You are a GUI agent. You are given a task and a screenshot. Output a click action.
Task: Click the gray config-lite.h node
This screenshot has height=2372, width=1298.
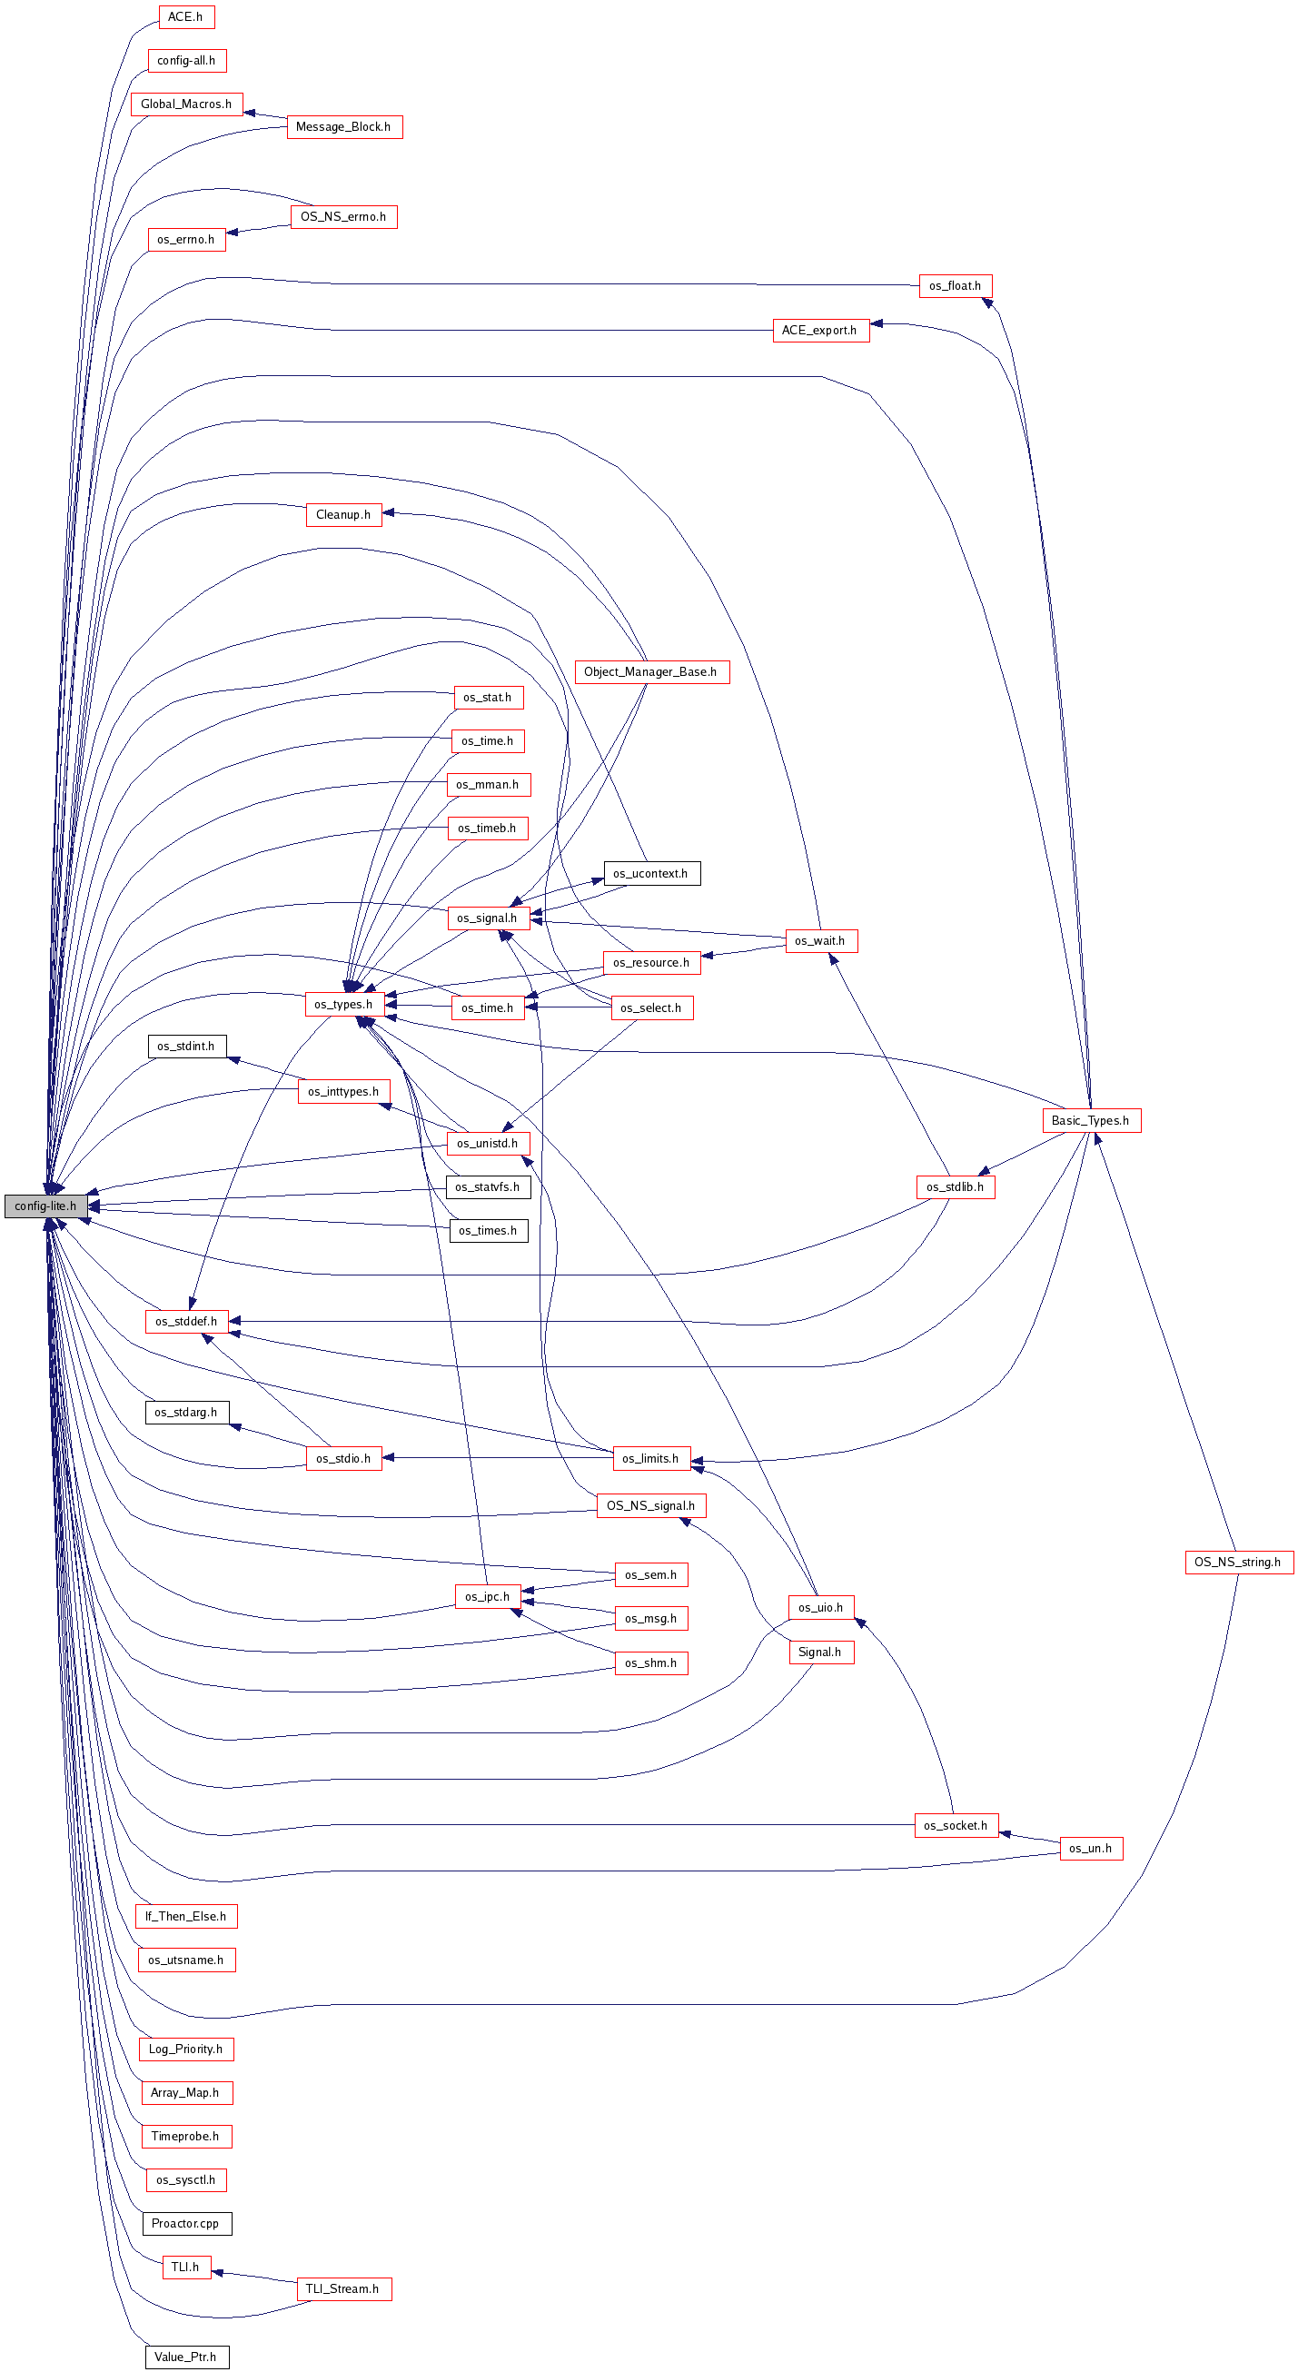pos(46,1206)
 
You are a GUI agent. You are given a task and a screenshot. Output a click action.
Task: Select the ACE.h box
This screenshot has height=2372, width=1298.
pos(186,16)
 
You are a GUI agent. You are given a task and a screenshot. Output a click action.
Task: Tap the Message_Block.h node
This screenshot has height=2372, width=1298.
pos(344,127)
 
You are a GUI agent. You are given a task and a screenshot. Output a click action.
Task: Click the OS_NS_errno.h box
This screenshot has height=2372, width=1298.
pos(344,216)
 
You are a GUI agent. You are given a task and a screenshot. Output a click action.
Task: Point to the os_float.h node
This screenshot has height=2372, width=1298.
pos(956,285)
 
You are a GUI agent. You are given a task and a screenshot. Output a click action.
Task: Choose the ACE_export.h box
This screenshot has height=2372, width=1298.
pos(820,330)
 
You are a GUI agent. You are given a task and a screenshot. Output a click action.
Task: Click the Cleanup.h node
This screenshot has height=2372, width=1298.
pos(343,515)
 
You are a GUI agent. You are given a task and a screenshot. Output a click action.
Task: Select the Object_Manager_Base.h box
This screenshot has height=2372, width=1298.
pos(651,672)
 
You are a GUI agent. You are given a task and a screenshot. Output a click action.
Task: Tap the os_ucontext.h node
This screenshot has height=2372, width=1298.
pos(652,873)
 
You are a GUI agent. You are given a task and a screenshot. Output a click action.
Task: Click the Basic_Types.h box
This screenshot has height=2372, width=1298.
pos(1091,1121)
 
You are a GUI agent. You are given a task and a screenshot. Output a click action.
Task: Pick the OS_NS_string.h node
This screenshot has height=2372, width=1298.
pos(1239,1562)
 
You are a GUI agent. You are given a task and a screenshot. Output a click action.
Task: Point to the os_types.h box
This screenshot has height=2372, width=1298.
pos(344,1005)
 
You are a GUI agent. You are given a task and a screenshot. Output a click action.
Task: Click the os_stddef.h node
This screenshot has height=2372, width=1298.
pos(187,1321)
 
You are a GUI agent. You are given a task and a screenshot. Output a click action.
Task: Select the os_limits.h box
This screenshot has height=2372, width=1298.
pos(652,1459)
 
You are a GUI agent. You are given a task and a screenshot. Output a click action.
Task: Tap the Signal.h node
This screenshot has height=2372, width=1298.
pos(820,1652)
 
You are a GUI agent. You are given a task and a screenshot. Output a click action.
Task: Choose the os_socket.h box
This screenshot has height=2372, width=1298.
pos(956,1825)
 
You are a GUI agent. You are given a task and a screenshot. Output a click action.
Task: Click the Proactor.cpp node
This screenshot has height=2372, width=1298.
pos(187,2223)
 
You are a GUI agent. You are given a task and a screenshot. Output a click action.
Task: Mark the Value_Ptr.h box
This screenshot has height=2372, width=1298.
pos(187,2357)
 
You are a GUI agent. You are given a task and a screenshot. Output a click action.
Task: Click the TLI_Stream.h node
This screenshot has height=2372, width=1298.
pos(343,2288)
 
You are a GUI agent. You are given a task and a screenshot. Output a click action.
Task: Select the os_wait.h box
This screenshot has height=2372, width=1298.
pos(821,941)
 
